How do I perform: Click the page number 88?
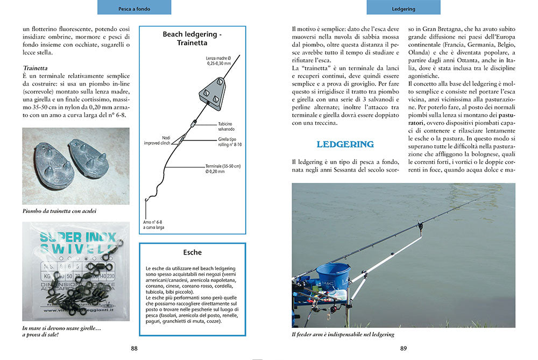pos(134,348)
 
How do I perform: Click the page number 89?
pos(403,348)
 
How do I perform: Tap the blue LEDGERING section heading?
pos(345,144)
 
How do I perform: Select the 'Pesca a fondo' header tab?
pos(134,9)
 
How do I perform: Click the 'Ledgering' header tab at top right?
pos(403,9)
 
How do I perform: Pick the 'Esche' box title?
pos(192,252)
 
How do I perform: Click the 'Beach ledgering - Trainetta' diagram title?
pos(192,38)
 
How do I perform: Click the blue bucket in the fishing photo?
pos(332,276)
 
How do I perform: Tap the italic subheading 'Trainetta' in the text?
pos(36,68)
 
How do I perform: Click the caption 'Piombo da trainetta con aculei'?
pos(60,211)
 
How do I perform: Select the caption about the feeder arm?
pos(343,334)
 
